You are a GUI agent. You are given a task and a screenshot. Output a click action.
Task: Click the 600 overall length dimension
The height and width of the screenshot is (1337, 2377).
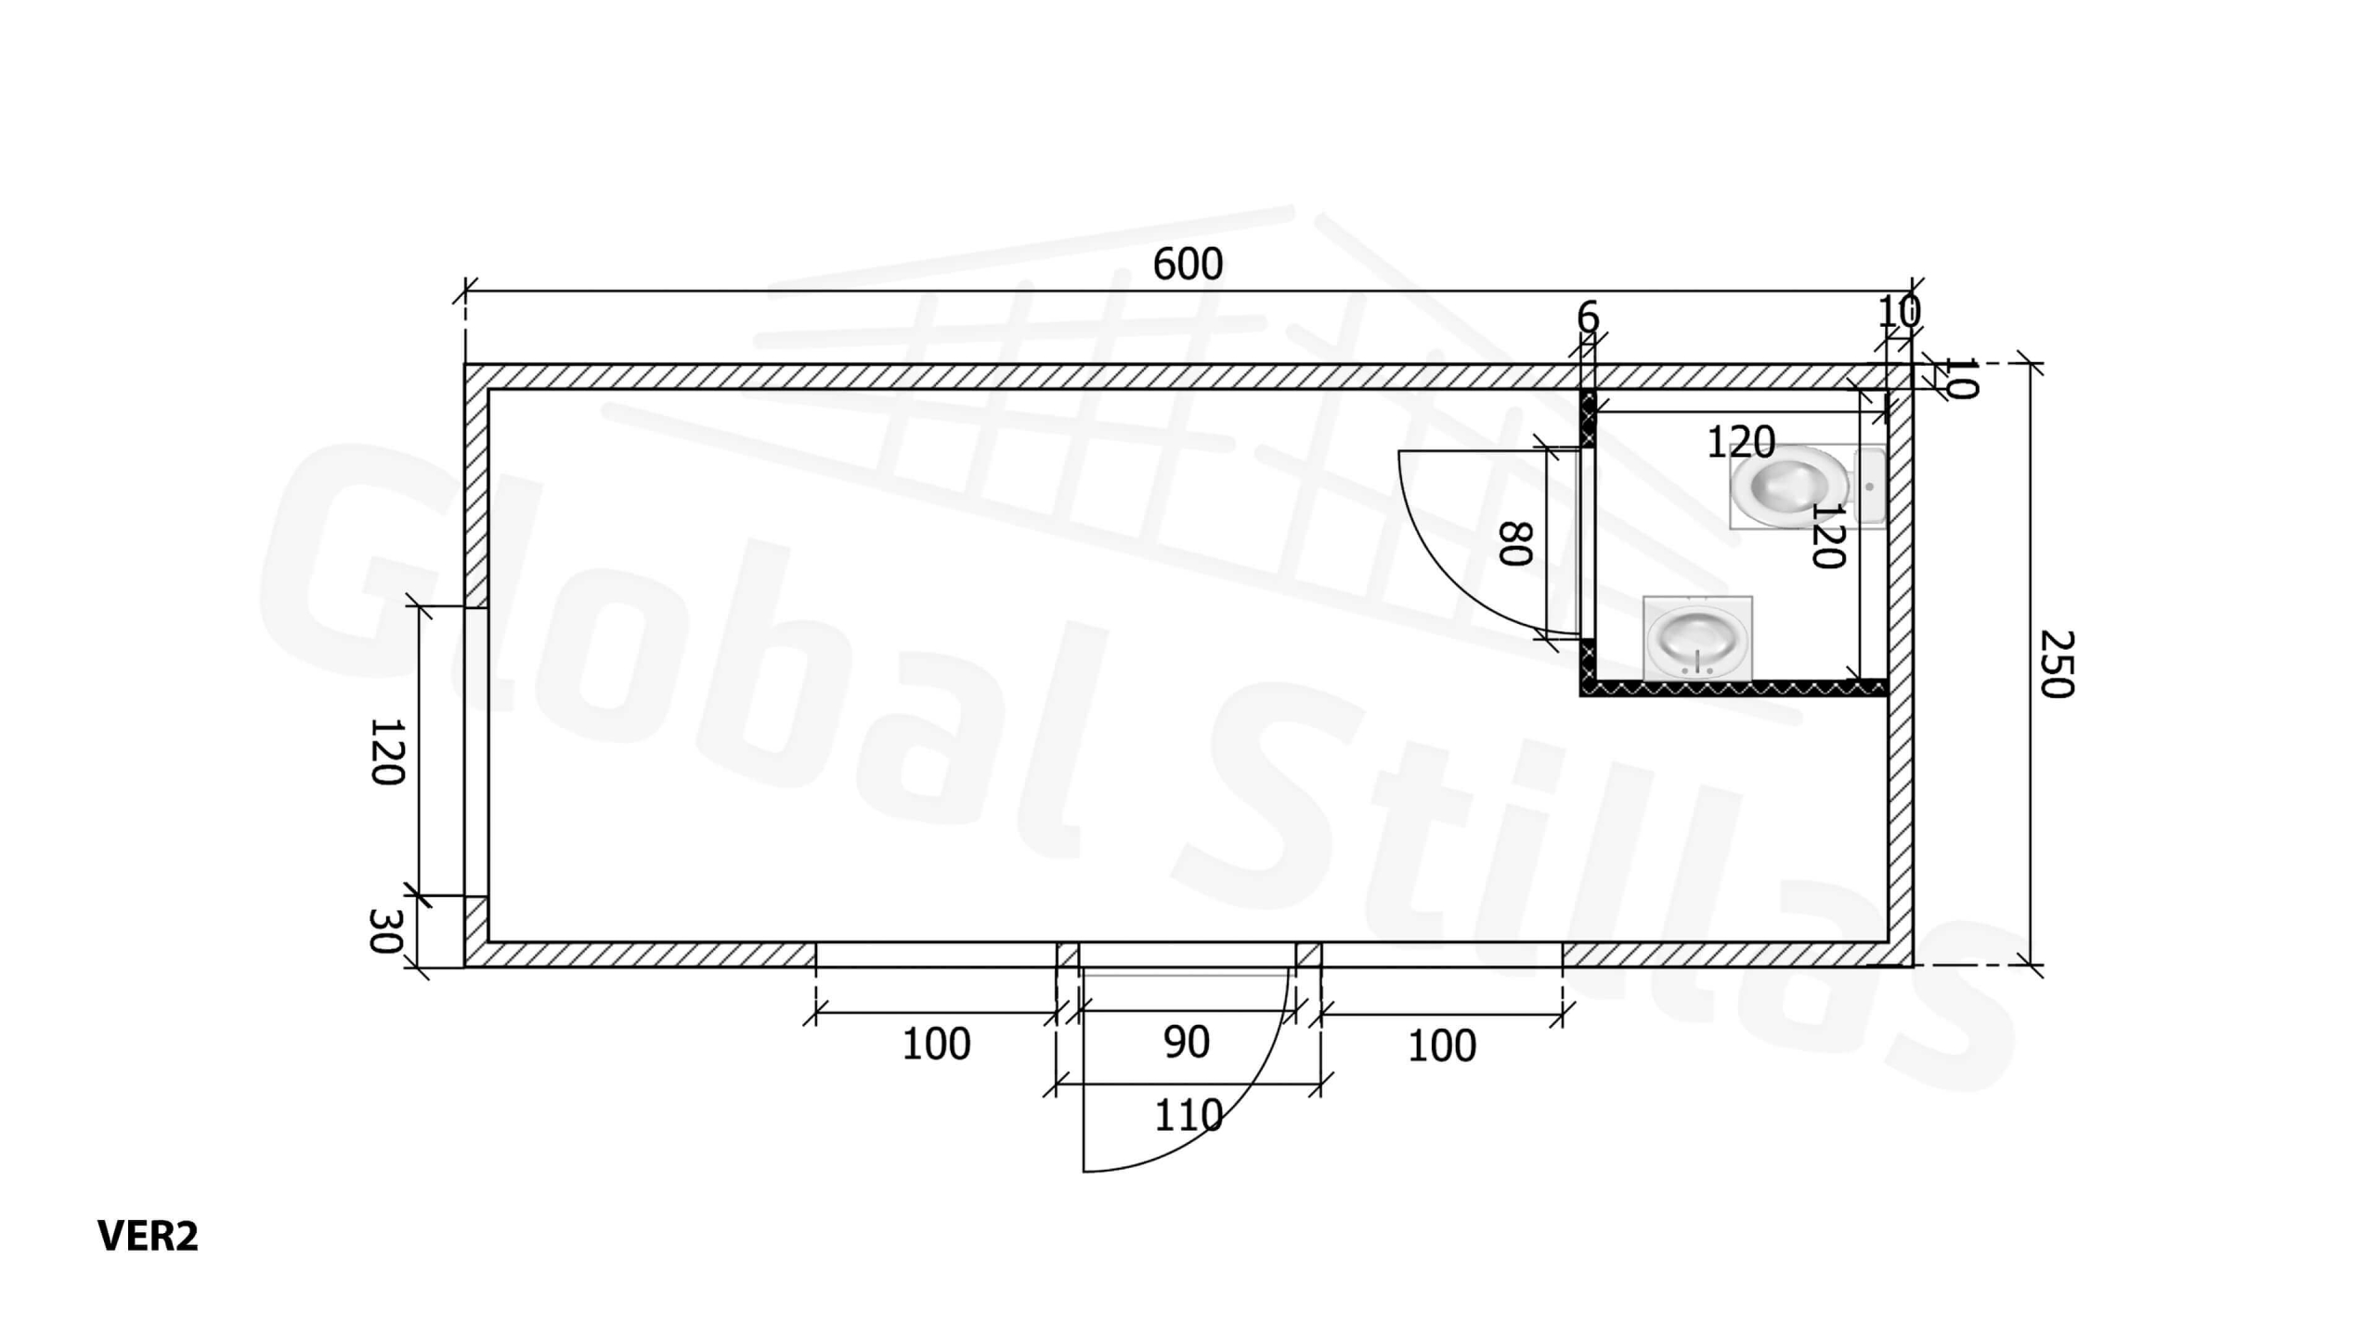click(x=1188, y=265)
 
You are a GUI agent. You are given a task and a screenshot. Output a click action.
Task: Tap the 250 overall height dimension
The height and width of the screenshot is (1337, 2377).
click(x=2056, y=664)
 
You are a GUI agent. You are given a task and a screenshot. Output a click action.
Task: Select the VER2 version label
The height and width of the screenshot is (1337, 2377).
click(x=148, y=1236)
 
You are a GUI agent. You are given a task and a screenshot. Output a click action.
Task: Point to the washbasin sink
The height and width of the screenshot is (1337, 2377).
click(x=1697, y=638)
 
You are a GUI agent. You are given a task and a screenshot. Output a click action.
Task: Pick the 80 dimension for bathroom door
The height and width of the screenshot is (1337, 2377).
click(x=1515, y=543)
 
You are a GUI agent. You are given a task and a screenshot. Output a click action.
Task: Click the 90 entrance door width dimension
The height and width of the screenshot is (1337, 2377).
click(x=1187, y=1042)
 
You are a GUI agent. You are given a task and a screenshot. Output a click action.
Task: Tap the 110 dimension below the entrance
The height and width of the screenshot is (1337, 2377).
click(x=1188, y=1114)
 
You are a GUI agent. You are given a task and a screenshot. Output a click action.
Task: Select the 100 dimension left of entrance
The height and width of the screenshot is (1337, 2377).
click(x=936, y=1045)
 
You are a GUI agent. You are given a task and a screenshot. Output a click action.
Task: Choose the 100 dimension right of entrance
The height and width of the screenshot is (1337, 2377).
click(x=1442, y=1046)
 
